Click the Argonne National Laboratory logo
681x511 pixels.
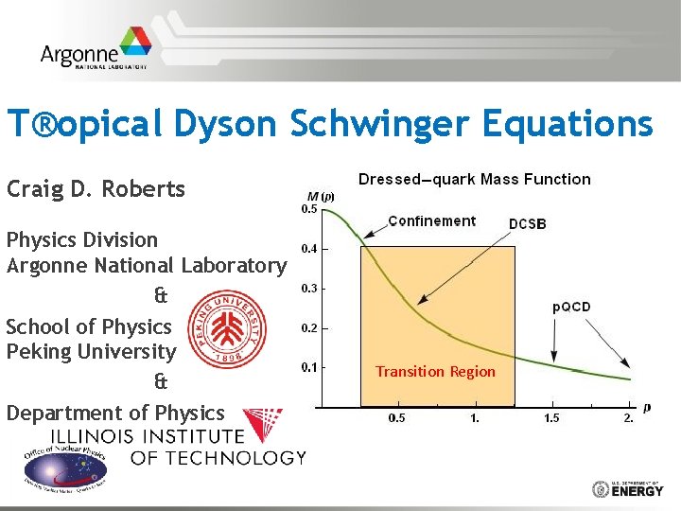95,54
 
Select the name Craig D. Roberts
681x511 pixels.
96,188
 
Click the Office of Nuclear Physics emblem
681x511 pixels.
64,467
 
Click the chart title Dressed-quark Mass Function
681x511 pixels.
474,179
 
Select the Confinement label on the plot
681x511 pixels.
431,220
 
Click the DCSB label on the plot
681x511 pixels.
527,223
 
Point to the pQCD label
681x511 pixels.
571,307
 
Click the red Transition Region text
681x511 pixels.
435,371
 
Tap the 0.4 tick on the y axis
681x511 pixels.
308,249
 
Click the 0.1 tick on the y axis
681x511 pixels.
308,366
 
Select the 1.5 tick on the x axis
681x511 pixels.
551,417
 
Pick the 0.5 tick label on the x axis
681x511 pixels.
398,417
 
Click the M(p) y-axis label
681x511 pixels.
322,196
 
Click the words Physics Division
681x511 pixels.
82,239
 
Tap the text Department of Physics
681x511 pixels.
115,413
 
